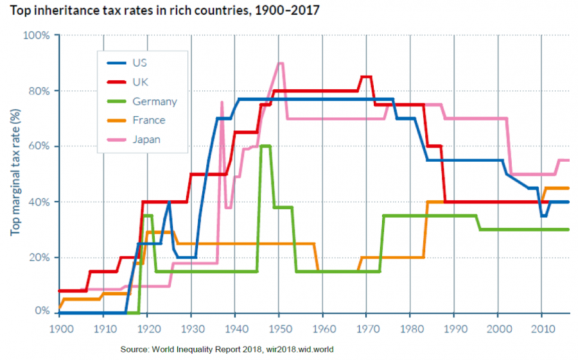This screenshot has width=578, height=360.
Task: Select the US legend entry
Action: (139, 63)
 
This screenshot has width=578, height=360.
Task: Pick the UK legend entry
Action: (139, 82)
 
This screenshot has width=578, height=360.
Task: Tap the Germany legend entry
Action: (154, 101)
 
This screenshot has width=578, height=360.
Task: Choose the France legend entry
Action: (148, 120)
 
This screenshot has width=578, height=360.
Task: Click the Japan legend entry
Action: (146, 139)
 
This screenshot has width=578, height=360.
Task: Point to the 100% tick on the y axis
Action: (37, 35)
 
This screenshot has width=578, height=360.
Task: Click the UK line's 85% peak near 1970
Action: (366, 77)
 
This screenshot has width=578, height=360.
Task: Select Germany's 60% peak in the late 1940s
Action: (265, 146)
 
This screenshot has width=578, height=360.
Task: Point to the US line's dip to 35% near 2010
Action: (543, 216)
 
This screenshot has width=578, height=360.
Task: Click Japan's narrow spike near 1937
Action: (222, 103)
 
